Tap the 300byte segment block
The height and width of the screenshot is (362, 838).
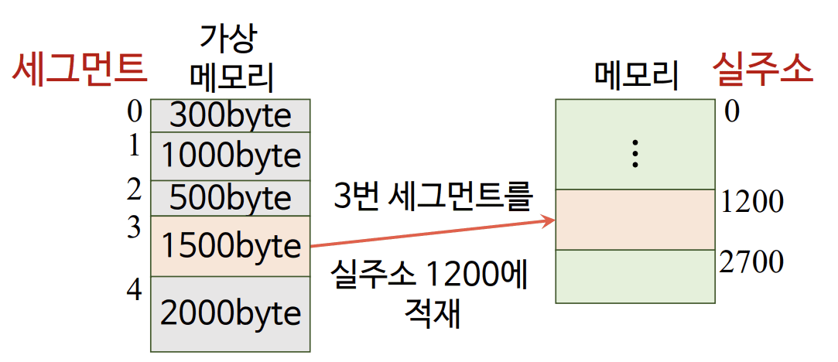click(x=230, y=115)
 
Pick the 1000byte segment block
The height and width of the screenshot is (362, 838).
click(x=230, y=156)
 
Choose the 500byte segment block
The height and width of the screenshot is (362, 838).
click(x=230, y=198)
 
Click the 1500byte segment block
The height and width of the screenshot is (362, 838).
click(x=230, y=246)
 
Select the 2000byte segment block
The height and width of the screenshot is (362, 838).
click(x=230, y=313)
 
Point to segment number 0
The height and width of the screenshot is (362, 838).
click(x=135, y=113)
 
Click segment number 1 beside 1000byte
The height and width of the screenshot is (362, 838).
click(x=135, y=145)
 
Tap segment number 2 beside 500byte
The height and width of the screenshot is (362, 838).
click(x=135, y=188)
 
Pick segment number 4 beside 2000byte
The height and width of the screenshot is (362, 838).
click(x=135, y=292)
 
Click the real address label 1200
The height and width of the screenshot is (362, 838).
click(x=751, y=202)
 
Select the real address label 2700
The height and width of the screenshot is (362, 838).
click(x=751, y=262)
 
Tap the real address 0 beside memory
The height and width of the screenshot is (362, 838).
click(x=732, y=112)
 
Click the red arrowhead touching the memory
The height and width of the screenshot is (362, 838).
click(x=549, y=222)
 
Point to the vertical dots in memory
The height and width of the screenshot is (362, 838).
click(x=634, y=155)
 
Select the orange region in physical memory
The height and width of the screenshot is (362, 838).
click(x=634, y=220)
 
